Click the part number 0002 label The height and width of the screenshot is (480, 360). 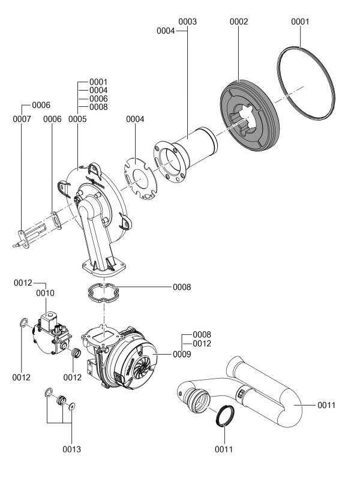239,22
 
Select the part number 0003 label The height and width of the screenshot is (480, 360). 188,22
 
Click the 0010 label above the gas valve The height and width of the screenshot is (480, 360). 46,293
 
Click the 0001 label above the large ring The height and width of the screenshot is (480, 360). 299,22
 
